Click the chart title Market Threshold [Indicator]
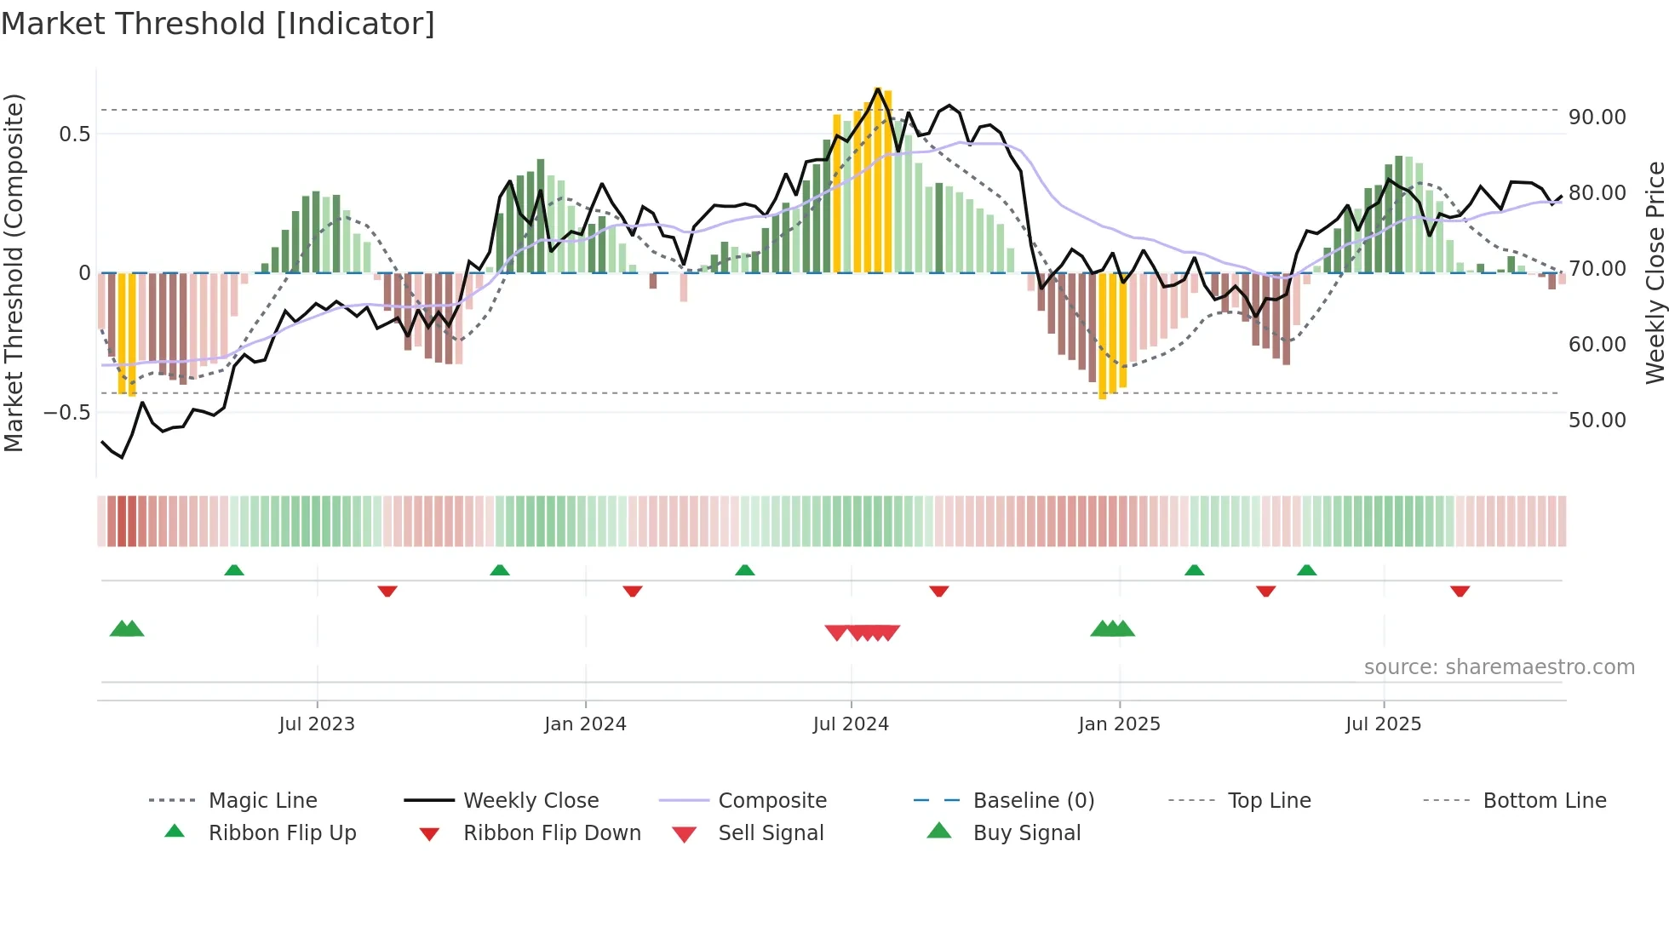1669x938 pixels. (218, 24)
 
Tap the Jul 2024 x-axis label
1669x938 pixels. (850, 724)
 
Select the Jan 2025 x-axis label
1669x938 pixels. (1118, 724)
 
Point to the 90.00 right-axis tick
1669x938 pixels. (1597, 117)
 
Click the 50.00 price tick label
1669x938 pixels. (1597, 420)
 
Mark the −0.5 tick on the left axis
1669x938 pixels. (66, 413)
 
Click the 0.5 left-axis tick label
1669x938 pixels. (74, 134)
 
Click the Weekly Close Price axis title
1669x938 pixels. (1655, 272)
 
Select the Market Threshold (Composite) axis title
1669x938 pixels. (14, 272)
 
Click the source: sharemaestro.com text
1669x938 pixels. (1499, 667)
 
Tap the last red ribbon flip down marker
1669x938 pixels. (1460, 591)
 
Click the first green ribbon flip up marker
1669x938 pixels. (234, 569)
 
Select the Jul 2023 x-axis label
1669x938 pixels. (316, 724)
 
